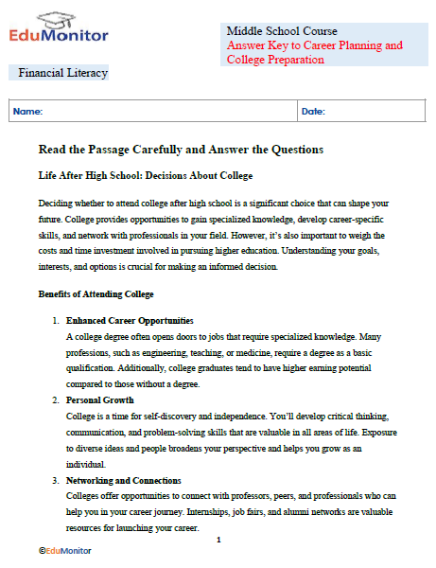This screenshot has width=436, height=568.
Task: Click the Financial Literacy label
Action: tap(62, 73)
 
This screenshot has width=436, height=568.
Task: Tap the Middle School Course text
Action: tap(282, 31)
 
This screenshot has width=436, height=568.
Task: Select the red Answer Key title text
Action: tap(314, 52)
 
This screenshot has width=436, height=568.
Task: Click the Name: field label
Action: tap(28, 112)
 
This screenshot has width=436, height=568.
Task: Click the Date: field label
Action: tap(313, 112)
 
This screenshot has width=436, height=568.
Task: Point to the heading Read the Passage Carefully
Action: tap(181, 150)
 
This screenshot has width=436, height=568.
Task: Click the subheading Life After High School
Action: tap(145, 176)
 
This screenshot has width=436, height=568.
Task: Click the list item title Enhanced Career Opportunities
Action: tap(130, 321)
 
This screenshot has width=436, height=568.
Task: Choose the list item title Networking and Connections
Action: tap(125, 481)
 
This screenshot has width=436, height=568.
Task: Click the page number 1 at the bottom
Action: tap(218, 540)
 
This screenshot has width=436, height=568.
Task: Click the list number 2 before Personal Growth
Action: tap(56, 401)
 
